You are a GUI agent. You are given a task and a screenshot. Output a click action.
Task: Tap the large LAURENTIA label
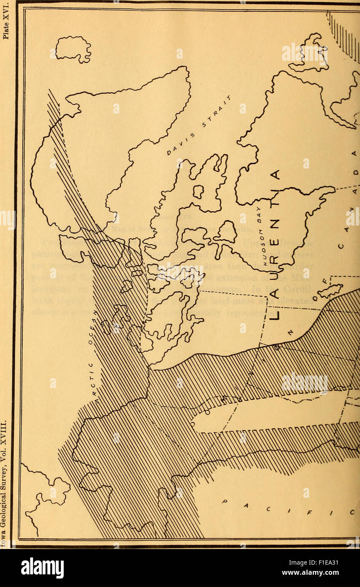tap(274, 245)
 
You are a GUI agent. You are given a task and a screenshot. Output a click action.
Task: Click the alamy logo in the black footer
tap(42, 568)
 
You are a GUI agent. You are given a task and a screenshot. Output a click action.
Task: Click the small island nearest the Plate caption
tap(73, 49)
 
